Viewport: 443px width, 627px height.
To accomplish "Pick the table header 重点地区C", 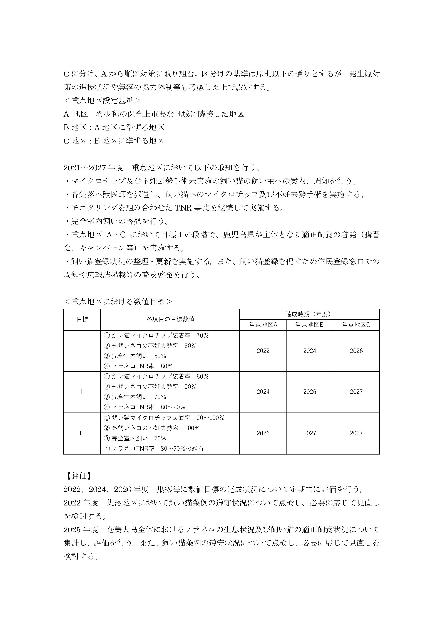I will (x=356, y=325).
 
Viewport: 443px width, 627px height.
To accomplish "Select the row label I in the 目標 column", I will (x=82, y=351).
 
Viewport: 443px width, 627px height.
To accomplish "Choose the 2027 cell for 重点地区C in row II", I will (x=356, y=392).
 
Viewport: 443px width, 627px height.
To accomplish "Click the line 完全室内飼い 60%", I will (x=135, y=356).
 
